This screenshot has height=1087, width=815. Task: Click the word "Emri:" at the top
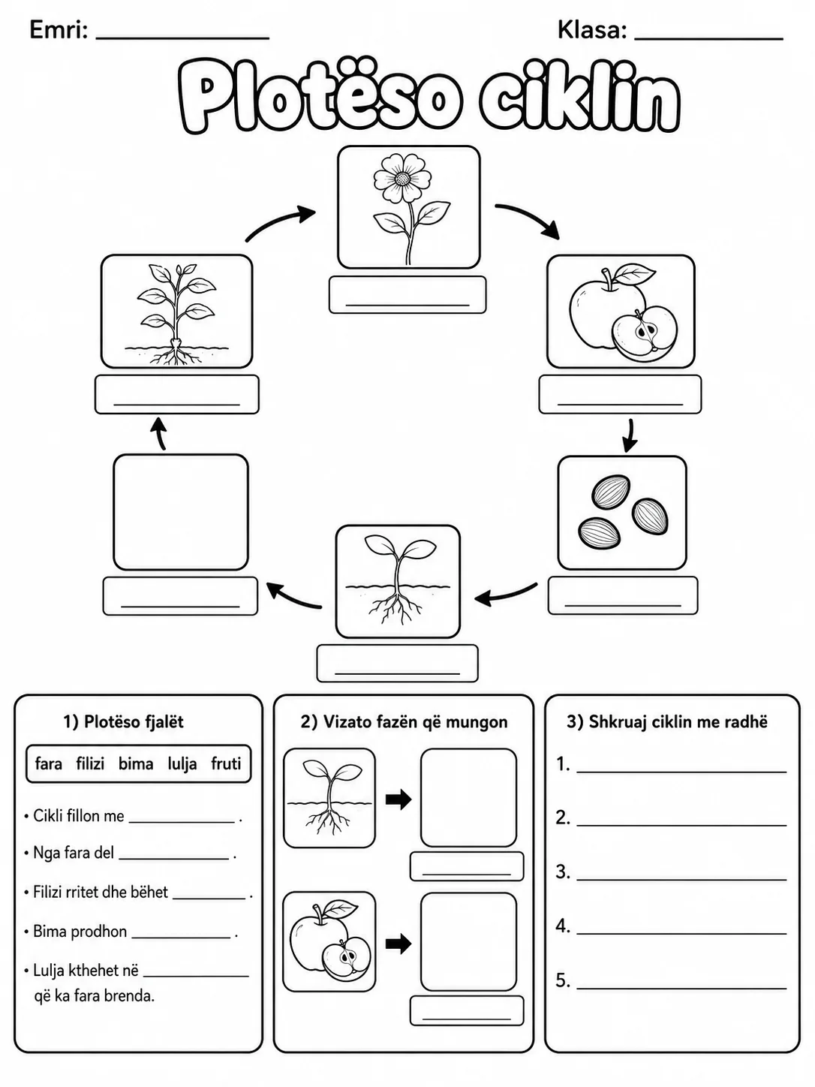pos(59,30)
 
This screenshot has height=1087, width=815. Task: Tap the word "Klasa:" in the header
pos(592,30)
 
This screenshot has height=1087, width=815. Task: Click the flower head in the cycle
pos(403,177)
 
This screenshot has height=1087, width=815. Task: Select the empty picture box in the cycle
pos(181,512)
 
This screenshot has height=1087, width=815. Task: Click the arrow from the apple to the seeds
pos(629,436)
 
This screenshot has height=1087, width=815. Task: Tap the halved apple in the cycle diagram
pos(645,331)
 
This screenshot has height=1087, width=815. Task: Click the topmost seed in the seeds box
pos(611,490)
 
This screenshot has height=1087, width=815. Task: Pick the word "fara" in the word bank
pos(49,763)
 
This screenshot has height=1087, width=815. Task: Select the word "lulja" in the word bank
pos(182,764)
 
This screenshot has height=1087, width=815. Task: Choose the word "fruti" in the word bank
pos(226,763)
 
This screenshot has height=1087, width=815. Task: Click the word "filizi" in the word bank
pos(90,763)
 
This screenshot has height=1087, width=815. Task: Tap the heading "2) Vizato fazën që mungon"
pos(404,722)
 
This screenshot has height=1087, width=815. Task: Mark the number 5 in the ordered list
pos(563,980)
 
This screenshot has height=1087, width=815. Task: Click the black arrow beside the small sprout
pos(398,799)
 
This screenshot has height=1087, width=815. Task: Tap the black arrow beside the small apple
pos(398,944)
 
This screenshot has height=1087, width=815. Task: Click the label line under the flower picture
pos(407,305)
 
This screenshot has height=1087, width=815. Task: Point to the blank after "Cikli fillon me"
pos(182,823)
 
